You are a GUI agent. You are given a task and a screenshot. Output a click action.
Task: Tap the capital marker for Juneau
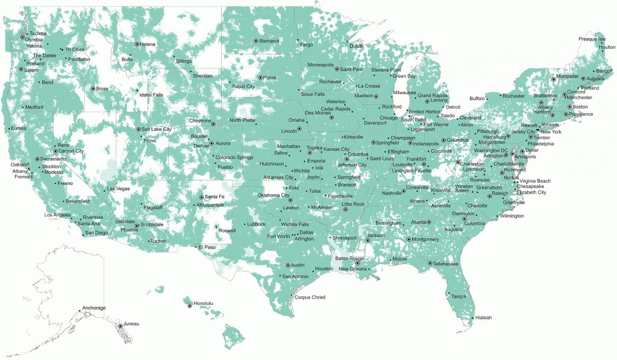tap(119, 326)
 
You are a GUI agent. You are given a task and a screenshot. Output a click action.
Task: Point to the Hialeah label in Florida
tap(483, 318)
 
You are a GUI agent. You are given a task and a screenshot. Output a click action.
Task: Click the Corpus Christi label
tap(310, 297)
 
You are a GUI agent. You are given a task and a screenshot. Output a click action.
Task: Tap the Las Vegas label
tap(118, 189)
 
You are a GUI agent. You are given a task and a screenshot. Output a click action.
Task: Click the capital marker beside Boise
tap(93, 89)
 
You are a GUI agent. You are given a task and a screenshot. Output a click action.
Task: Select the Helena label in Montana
tap(148, 44)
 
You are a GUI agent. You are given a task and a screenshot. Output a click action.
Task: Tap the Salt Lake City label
tap(157, 129)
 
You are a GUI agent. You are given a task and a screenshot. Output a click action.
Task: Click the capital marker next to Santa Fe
tap(201, 197)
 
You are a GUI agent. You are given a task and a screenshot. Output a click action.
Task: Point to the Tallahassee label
tap(446, 264)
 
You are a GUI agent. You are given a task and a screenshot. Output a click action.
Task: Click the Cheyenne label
tap(199, 121)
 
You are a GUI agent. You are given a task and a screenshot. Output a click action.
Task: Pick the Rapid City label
tap(243, 86)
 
